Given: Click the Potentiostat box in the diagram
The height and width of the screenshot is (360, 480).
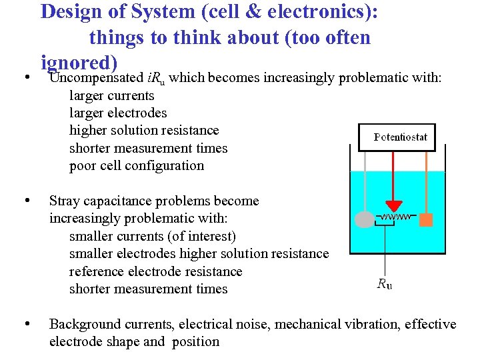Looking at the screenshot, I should pos(397,138).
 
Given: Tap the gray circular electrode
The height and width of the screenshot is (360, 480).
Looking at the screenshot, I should pos(365,219).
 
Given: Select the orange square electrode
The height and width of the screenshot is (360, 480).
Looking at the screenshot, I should pos(426,219).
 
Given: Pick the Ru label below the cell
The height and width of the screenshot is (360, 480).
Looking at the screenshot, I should pos(385,283).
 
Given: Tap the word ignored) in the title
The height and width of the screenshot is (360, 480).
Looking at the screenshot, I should pos(79,62).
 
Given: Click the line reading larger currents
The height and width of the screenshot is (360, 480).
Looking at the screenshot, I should pos(111,95).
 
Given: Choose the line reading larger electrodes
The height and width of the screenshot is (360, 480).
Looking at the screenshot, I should pos(118,113).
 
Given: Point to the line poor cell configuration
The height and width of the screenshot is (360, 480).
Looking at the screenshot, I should pos(137,165).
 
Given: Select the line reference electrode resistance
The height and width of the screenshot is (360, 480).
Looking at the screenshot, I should pos(155,271).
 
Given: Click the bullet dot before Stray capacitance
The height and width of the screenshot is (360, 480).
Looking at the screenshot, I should pos(25,200).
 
